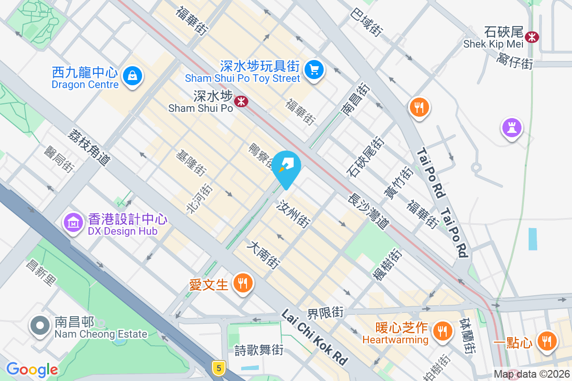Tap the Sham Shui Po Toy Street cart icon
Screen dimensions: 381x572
click(314, 69)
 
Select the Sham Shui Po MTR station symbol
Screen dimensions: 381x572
click(242, 100)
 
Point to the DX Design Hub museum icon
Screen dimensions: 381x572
click(73, 222)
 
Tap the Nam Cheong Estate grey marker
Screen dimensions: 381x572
click(40, 326)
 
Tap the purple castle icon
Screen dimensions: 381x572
click(511, 128)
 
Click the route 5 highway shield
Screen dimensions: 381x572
click(219, 367)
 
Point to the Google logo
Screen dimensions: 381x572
click(32, 369)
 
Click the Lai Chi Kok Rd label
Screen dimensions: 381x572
click(315, 337)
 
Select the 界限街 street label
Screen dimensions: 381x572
click(326, 313)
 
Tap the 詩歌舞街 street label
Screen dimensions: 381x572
click(259, 350)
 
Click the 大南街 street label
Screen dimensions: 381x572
click(263, 255)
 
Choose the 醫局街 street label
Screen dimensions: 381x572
click(60, 159)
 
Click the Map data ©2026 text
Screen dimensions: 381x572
click(531, 374)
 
